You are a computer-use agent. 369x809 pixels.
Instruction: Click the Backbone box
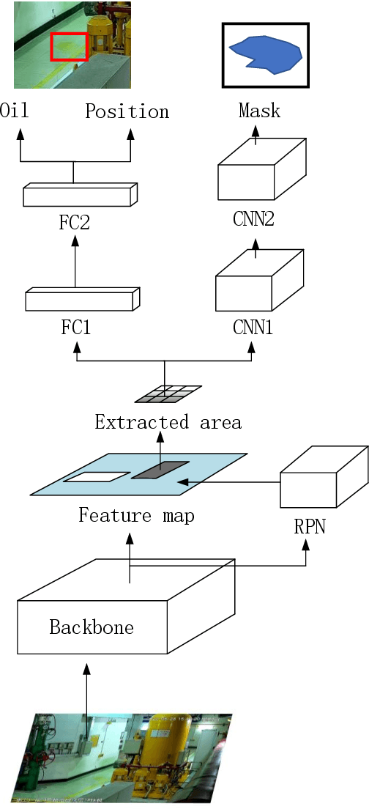92,627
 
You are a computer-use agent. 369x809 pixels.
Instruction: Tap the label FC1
75,327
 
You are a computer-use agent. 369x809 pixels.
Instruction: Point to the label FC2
74,222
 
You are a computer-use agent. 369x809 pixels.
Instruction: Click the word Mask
259,111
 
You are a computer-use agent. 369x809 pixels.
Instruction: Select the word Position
127,111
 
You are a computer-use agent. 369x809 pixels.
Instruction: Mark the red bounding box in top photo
69,46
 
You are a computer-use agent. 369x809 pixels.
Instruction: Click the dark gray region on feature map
160,470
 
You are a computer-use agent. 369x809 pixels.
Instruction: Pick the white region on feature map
97,477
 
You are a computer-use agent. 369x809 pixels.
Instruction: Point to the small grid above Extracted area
168,394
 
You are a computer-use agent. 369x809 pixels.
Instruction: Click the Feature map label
136,516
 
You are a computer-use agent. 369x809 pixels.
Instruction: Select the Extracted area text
168,423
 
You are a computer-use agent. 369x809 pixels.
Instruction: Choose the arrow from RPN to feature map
227,481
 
